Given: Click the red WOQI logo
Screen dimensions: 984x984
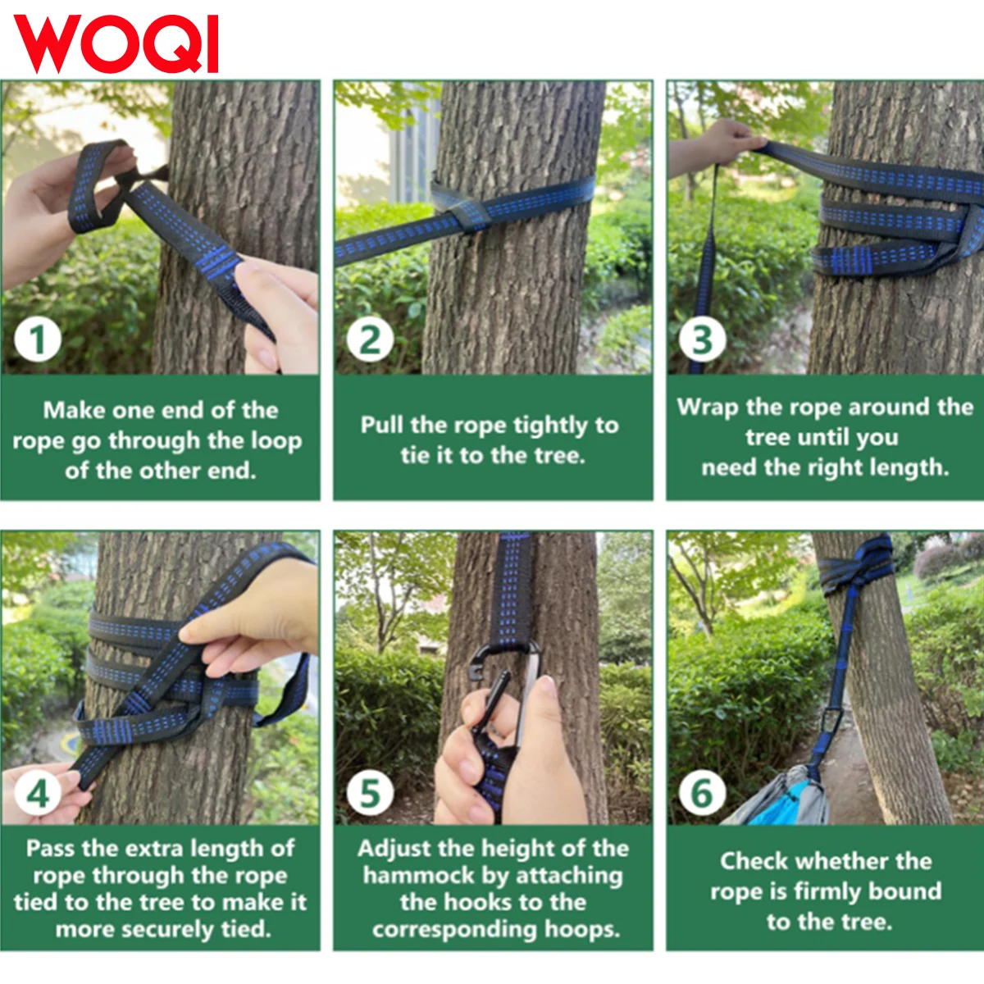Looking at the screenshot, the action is (116, 44).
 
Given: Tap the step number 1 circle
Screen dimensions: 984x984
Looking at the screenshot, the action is (38, 339).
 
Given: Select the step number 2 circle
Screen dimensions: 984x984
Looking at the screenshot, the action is (370, 339).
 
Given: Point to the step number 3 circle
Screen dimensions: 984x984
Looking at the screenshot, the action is (703, 339).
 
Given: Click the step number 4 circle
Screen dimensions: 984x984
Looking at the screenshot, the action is (38, 793).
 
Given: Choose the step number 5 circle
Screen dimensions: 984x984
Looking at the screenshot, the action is (370, 793).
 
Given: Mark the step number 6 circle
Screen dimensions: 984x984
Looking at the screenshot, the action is (703, 793).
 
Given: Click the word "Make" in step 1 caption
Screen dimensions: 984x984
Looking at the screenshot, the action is (75, 410).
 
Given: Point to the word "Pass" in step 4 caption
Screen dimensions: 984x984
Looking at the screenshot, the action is (51, 849).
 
